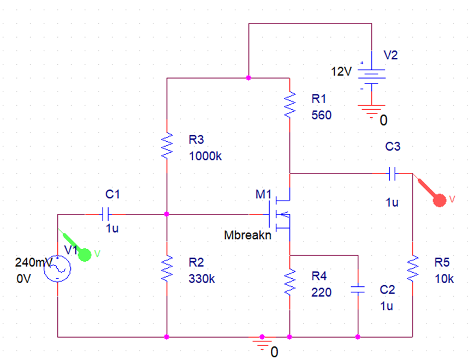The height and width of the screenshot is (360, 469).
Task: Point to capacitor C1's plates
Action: (x=106, y=214)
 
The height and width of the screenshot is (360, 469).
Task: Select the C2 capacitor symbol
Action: (x=358, y=290)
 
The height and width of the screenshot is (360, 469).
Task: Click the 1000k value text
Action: (x=205, y=156)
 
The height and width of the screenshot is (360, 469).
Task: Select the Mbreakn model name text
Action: (x=247, y=236)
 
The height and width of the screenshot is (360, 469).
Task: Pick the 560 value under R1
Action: (x=321, y=116)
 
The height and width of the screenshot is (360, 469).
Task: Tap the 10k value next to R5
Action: (x=443, y=278)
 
